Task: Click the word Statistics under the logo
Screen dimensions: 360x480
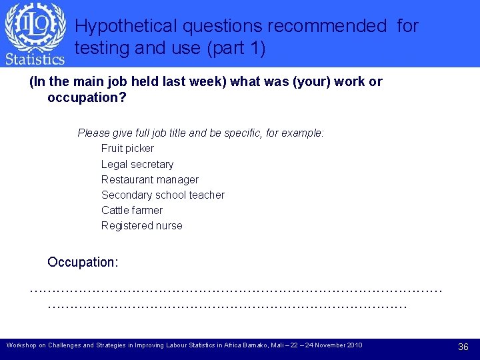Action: tap(35, 59)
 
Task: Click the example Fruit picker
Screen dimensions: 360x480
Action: tap(127, 148)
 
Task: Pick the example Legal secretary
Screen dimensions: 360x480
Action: tap(137, 164)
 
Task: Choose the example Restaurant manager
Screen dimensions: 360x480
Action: tap(150, 179)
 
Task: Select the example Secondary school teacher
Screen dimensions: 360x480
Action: tap(163, 195)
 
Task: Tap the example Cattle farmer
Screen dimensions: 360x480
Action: tap(132, 210)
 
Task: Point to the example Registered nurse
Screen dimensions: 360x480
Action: tap(141, 225)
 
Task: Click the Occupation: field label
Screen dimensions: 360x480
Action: tap(83, 262)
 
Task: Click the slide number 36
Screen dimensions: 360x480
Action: tap(463, 347)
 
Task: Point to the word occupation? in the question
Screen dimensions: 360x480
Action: tap(87, 97)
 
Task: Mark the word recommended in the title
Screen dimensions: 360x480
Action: tap(327, 26)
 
